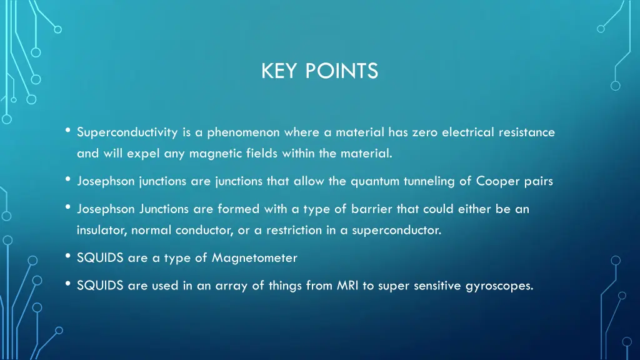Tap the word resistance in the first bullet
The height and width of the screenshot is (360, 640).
[526, 132]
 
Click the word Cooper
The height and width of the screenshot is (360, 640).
[498, 182]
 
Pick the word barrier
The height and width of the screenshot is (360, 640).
[371, 209]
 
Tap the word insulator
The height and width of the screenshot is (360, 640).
[102, 230]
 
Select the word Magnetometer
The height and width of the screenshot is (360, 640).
[254, 257]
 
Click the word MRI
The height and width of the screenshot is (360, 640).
[347, 286]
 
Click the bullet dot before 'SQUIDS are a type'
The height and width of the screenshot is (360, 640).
[67, 256]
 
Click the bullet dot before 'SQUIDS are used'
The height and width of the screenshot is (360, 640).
[67, 285]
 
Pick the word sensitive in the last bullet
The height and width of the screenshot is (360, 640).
[435, 286]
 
